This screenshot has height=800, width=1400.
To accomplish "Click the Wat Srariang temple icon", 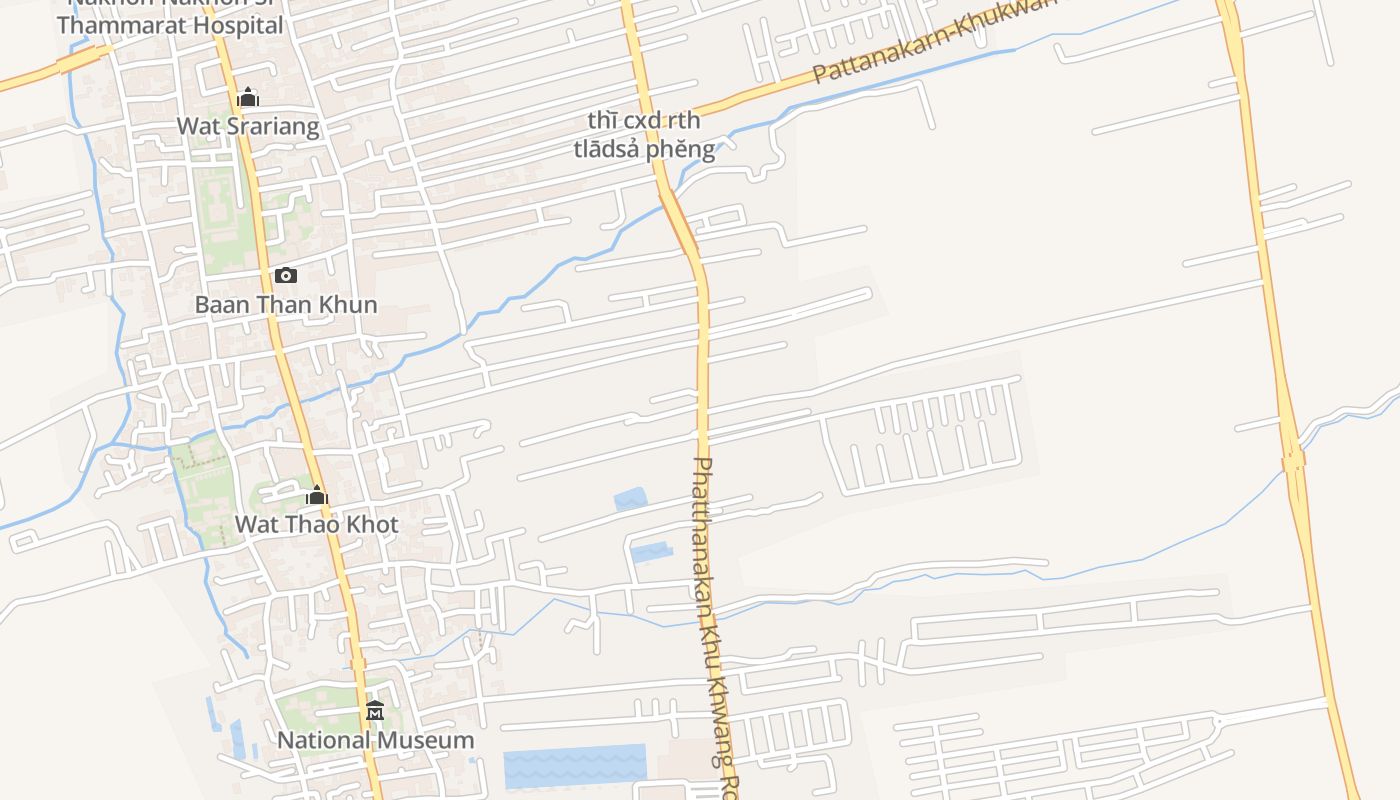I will pos(248,97).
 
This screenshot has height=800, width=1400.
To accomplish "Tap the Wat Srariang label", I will pos(248,126).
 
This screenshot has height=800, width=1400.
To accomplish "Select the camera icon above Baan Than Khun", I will pos(286,276).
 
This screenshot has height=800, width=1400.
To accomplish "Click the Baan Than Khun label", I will pos(286,305).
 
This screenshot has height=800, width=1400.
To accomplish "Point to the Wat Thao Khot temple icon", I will pos(317,495).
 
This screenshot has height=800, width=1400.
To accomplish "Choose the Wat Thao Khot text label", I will pos(316,524).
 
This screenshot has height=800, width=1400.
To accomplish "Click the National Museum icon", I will pos(375,711).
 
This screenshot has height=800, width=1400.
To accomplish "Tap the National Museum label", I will pos(375,741).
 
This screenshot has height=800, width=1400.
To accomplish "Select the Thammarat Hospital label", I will pos(170,25).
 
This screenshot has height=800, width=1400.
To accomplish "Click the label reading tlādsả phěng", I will pos(644,150).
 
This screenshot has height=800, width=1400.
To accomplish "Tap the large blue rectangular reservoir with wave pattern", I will pos(574,766).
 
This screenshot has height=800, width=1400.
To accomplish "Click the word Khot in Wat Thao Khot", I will pos(372,524).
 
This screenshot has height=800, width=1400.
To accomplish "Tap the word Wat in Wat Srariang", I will pos(195,126).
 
